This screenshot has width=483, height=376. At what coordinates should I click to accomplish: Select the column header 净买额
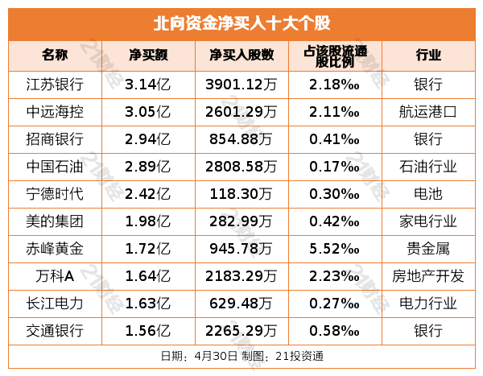[x=148, y=56]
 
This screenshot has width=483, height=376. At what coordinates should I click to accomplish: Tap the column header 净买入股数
[x=242, y=56]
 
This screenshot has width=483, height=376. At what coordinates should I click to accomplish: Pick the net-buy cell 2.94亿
[x=148, y=139]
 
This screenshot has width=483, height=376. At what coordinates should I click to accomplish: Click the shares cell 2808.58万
[x=242, y=167]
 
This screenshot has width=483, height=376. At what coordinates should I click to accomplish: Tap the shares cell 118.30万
[x=242, y=194]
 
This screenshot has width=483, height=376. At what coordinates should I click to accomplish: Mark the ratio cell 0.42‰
[x=334, y=221]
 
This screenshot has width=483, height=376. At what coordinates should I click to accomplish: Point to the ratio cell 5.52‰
[x=334, y=249]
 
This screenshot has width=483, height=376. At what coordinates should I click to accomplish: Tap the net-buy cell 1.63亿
[x=148, y=304]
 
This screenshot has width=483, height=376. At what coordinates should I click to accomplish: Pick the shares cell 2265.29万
[x=242, y=331]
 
